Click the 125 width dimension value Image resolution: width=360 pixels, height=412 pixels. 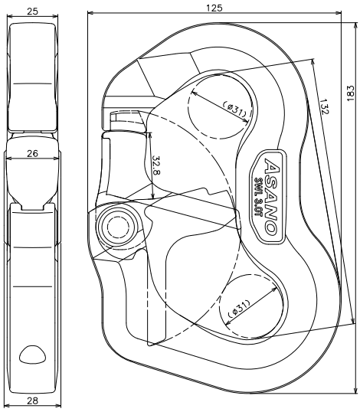point(214,8)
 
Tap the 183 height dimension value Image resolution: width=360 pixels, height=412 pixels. point(351,93)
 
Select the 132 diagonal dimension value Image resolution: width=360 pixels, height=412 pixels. point(324,106)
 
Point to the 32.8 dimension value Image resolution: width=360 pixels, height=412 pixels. point(156,165)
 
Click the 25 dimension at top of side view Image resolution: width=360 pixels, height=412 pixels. point(33,11)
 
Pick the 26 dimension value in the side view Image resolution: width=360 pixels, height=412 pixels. point(33,153)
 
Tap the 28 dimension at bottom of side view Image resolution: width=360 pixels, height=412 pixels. point(33,401)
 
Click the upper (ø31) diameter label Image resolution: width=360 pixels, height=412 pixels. point(234,109)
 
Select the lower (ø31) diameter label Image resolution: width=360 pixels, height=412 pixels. point(239,308)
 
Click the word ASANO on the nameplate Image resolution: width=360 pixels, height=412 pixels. point(271,196)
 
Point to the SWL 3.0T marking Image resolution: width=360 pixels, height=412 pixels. point(258,197)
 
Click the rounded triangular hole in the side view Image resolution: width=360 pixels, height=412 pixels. point(32,355)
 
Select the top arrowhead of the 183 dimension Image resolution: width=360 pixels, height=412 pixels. point(356,25)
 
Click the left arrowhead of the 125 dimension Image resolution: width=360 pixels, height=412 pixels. point(90,12)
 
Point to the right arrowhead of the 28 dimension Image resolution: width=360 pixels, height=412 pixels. point(57,406)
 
